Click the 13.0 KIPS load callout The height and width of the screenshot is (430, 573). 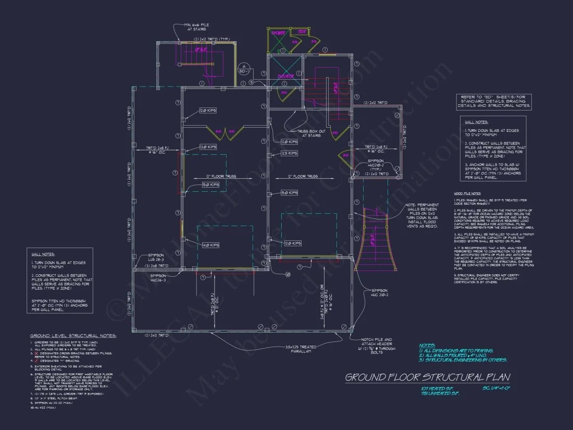208,147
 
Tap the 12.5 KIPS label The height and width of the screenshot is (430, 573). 289,153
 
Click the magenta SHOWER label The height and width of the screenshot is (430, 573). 278,32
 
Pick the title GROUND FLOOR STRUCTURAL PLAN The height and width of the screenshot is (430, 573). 427,377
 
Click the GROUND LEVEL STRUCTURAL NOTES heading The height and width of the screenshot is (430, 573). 73,336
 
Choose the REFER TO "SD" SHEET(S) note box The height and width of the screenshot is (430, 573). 494,101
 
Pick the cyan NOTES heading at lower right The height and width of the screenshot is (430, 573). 427,345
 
